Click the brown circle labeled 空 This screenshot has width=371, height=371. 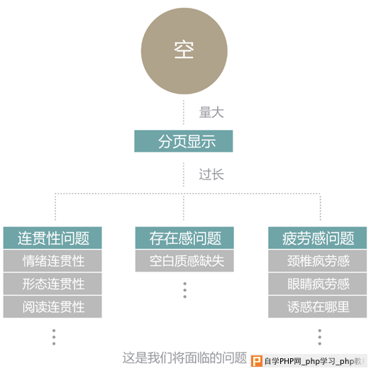click(x=184, y=51)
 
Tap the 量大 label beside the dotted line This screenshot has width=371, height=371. click(x=211, y=112)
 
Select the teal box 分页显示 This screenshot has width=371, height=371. click(x=184, y=141)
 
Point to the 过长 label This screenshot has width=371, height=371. click(x=211, y=175)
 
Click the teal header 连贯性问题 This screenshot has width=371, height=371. click(x=52, y=238)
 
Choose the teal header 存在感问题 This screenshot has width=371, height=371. click(x=184, y=238)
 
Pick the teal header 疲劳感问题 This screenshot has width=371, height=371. click(x=318, y=238)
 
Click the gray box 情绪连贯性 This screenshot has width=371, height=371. click(x=52, y=261)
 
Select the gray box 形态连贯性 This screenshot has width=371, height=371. click(x=52, y=284)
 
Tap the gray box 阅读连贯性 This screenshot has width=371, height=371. click(x=52, y=306)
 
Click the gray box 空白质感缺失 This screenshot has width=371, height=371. click(x=184, y=261)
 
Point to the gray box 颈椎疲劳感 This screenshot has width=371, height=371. click(x=318, y=261)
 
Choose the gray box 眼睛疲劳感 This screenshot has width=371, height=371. click(x=318, y=284)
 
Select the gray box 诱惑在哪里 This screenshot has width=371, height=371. click(x=318, y=306)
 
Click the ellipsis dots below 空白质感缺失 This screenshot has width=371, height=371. click(x=184, y=290)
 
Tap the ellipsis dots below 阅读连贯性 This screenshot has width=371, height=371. click(x=54, y=337)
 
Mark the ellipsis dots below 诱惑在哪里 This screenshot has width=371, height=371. click(x=320, y=337)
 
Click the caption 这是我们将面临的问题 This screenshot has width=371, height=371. click(x=184, y=358)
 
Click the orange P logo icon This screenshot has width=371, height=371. click(x=257, y=361)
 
